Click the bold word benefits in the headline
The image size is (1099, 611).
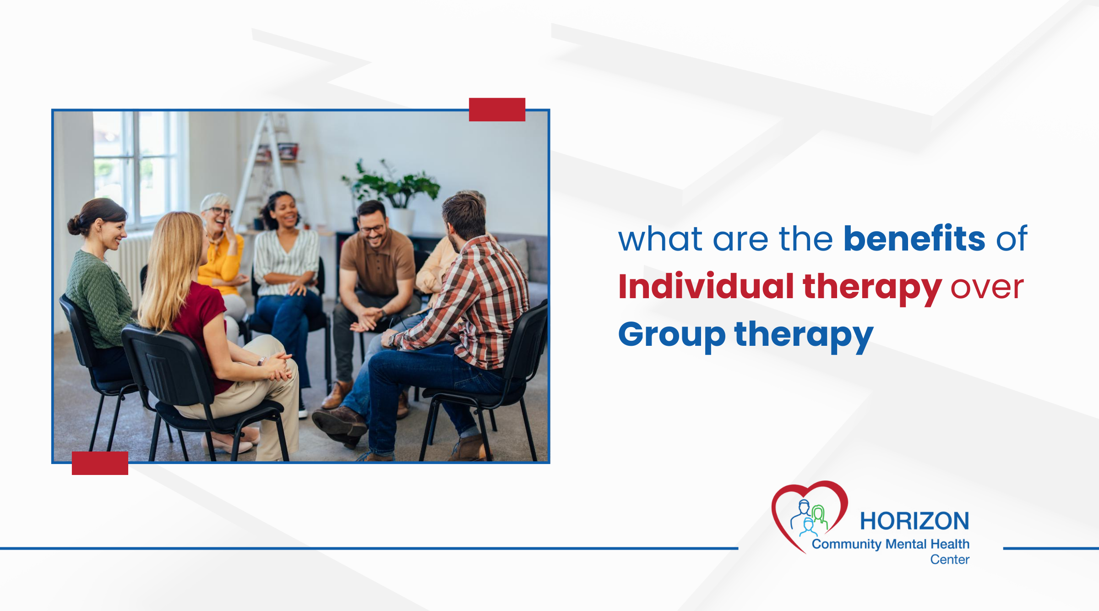click(x=914, y=239)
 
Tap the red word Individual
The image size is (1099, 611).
click(x=706, y=287)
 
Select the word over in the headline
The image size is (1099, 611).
click(x=987, y=288)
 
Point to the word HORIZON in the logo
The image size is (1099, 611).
click(x=914, y=521)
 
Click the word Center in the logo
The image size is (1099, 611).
click(x=950, y=559)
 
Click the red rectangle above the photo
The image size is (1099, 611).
click(x=497, y=109)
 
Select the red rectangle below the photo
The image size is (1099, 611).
click(x=100, y=463)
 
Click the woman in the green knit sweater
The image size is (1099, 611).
click(x=98, y=284)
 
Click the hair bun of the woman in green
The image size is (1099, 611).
click(x=74, y=225)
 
